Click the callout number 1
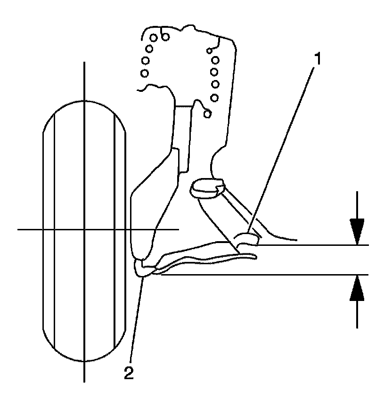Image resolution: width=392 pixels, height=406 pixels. pyautogui.click(x=318, y=59)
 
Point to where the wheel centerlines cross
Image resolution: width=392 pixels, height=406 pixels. pyautogui.click(x=84, y=229)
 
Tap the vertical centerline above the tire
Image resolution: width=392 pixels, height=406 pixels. pyautogui.click(x=84, y=80)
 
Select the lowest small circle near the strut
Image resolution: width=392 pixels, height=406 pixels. pyautogui.click(x=208, y=114)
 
